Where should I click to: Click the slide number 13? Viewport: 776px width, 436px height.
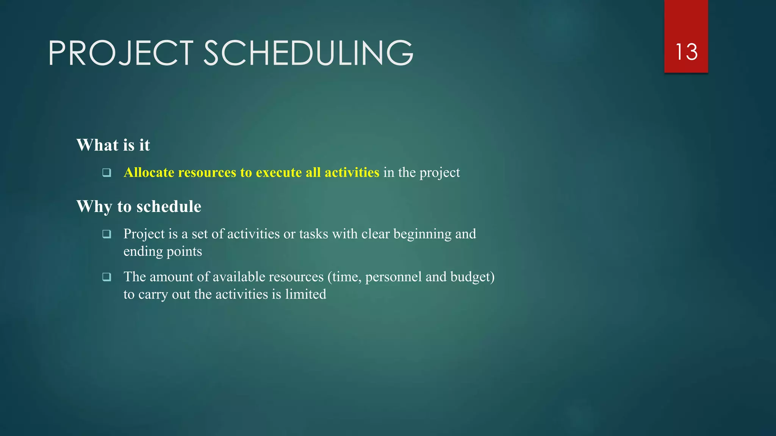tap(686, 52)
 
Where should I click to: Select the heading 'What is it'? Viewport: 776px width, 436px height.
tap(113, 145)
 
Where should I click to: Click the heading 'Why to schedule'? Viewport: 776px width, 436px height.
tap(139, 207)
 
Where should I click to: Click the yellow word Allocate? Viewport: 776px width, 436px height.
tap(149, 173)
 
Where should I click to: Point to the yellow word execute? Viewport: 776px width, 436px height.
tap(278, 173)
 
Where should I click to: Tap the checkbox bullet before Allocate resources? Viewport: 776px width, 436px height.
tap(107, 173)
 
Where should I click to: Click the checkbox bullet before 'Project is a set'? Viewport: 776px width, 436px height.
tap(107, 234)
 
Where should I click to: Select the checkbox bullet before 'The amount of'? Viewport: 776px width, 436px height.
tap(107, 277)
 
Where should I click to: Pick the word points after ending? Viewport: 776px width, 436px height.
tap(184, 252)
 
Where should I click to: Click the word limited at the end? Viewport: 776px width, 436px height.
tap(305, 294)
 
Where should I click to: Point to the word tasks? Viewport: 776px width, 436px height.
tap(313, 234)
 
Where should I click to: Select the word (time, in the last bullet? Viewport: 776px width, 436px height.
tap(344, 277)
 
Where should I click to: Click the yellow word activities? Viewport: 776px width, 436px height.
tap(352, 173)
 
